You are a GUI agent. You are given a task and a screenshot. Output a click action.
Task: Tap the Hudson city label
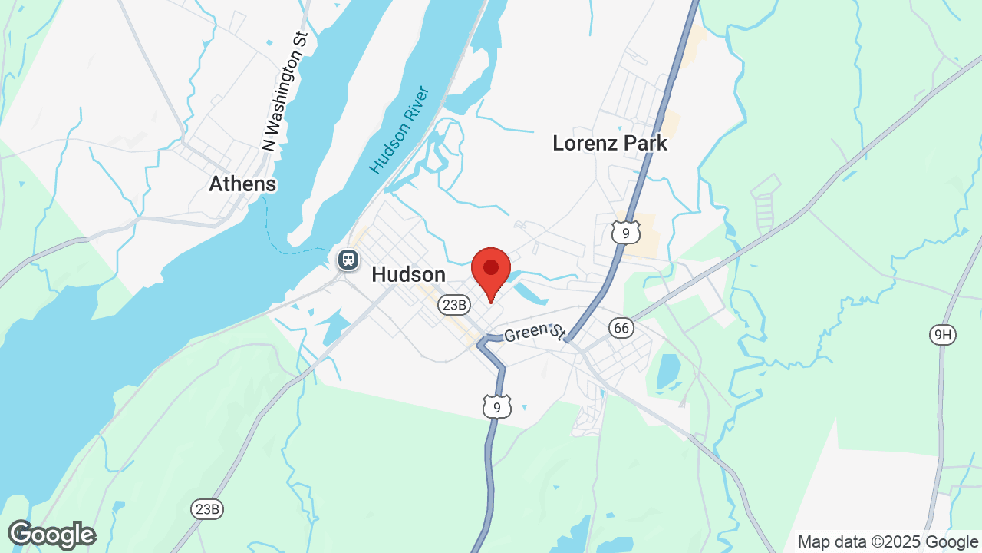pyautogui.click(x=408, y=275)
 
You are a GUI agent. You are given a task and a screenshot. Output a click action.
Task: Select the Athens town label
pyautogui.click(x=242, y=184)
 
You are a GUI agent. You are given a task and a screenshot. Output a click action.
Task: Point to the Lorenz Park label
pyautogui.click(x=610, y=144)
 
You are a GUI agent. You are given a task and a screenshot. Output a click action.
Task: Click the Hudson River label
pyautogui.click(x=398, y=130)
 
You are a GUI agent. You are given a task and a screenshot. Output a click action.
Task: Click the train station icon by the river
pyautogui.click(x=348, y=259)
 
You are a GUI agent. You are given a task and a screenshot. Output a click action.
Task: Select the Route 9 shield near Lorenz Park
pyautogui.click(x=626, y=232)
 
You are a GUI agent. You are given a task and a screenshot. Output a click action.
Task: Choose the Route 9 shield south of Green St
pyautogui.click(x=497, y=406)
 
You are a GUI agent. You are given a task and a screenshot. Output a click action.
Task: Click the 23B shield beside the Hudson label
pyautogui.click(x=453, y=305)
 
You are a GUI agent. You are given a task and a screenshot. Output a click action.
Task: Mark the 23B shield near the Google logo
pyautogui.click(x=207, y=508)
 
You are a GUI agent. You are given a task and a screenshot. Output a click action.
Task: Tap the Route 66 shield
pyautogui.click(x=621, y=328)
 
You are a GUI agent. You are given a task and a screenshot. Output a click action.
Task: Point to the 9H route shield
pyautogui.click(x=942, y=333)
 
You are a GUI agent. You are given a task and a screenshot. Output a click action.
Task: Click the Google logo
pyautogui.click(x=51, y=535)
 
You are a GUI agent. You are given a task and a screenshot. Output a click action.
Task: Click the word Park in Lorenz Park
pyautogui.click(x=641, y=144)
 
